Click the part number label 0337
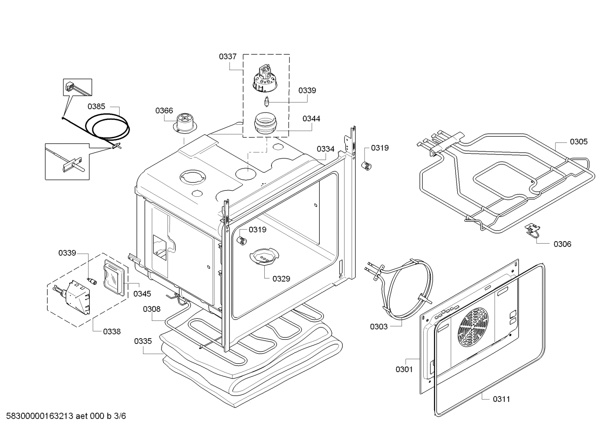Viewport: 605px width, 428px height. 227,56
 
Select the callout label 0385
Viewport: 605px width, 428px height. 96,106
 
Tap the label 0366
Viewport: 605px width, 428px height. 164,110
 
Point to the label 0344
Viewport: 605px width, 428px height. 311,119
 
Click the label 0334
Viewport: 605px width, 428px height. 326,149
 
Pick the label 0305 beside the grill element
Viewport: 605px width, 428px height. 579,142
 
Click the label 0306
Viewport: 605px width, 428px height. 562,244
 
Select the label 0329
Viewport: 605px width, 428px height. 281,278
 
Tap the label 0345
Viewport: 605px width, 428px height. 142,294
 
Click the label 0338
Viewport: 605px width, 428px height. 112,331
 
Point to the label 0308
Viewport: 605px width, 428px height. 151,309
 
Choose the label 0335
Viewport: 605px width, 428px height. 143,341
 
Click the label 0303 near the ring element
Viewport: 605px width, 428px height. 378,326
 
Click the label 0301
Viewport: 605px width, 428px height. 404,369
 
